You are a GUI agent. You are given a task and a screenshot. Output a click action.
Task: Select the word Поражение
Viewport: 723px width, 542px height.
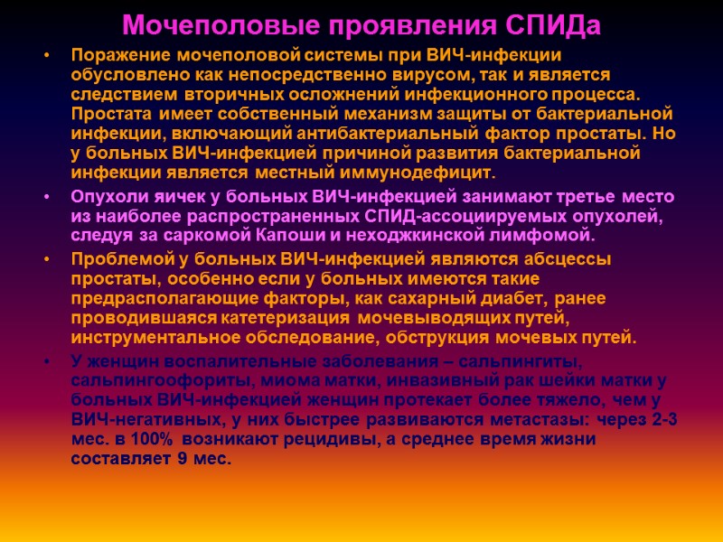pyautogui.click(x=114, y=55)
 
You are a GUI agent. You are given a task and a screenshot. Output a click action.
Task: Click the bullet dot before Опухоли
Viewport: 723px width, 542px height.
pyautogui.click(x=46, y=198)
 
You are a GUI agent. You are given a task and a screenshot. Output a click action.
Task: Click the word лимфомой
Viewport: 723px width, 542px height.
pyautogui.click(x=547, y=237)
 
